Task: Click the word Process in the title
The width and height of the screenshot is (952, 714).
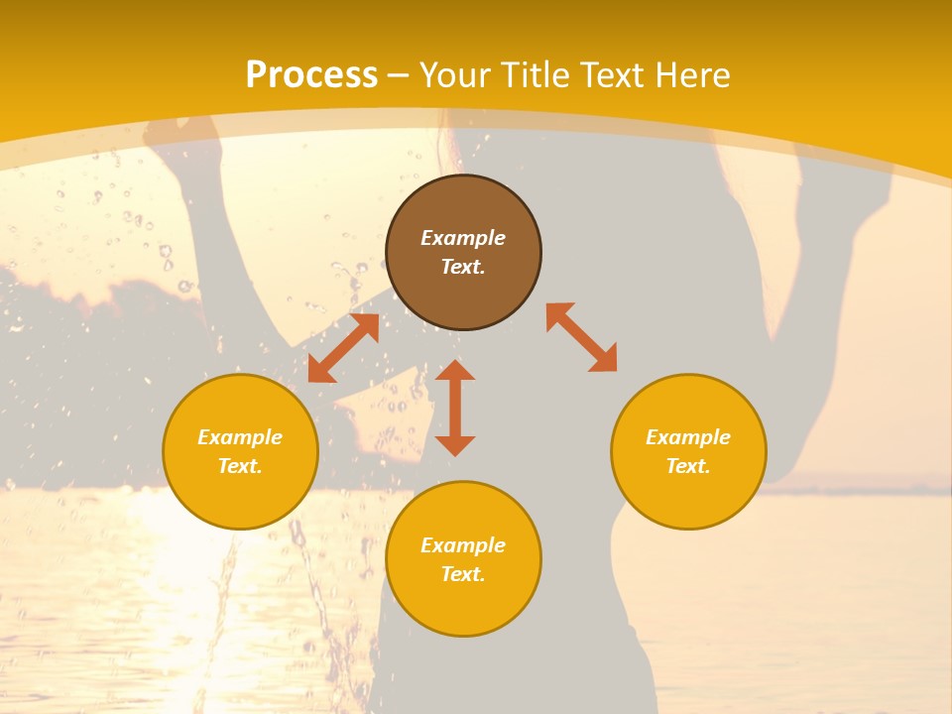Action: click(311, 75)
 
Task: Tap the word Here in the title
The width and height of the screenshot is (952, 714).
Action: click(691, 75)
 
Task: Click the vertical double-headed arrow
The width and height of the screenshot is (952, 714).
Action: click(455, 409)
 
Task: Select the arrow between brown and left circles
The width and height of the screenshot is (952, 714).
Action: click(343, 348)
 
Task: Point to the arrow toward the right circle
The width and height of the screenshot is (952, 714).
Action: click(582, 338)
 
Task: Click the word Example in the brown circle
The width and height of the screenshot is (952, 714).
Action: click(463, 238)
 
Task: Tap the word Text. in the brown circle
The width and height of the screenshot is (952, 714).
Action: click(463, 267)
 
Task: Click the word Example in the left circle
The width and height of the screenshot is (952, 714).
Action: click(240, 437)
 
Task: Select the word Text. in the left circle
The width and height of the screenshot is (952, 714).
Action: click(240, 466)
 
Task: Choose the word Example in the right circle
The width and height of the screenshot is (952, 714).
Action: click(688, 437)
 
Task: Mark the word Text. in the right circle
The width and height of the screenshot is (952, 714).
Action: click(688, 466)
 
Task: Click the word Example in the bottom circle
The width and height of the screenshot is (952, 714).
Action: click(463, 545)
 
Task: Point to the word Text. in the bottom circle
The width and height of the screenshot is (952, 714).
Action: click(463, 574)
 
